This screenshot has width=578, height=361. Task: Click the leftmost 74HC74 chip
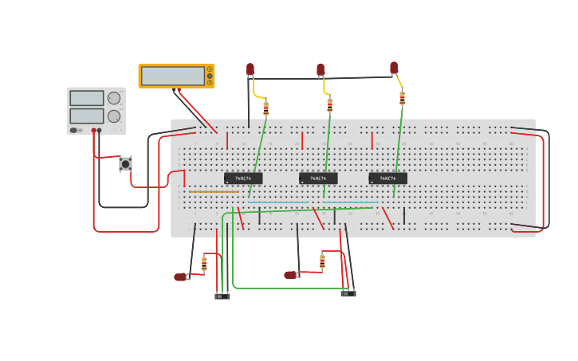tap(242, 179)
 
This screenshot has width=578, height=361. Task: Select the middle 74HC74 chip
tap(318, 179)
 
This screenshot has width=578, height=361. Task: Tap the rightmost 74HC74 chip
tap(387, 179)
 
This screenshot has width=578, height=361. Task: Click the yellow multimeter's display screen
tap(173, 76)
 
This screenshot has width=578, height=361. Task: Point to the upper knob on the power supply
tap(114, 98)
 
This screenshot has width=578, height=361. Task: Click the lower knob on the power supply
tap(114, 116)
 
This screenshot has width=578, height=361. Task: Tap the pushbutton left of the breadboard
tap(125, 163)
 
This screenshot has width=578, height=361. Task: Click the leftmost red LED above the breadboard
tap(250, 69)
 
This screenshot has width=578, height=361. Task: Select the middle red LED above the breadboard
tap(320, 70)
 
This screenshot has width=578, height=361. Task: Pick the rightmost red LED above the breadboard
tap(394, 68)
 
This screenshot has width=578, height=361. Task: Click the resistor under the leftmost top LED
tap(265, 108)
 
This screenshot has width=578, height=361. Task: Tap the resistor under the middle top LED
tap(329, 105)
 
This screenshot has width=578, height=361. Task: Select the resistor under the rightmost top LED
tap(402, 98)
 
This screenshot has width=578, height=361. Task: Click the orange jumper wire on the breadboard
tap(214, 191)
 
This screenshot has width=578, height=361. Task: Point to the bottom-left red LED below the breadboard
tap(181, 277)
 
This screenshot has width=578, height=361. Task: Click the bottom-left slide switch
tap(222, 296)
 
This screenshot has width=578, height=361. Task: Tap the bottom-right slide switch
tap(348, 293)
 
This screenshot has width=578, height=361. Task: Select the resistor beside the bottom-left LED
tap(204, 264)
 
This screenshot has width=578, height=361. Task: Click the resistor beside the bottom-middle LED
tap(322, 261)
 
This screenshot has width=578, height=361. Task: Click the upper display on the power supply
tap(87, 98)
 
